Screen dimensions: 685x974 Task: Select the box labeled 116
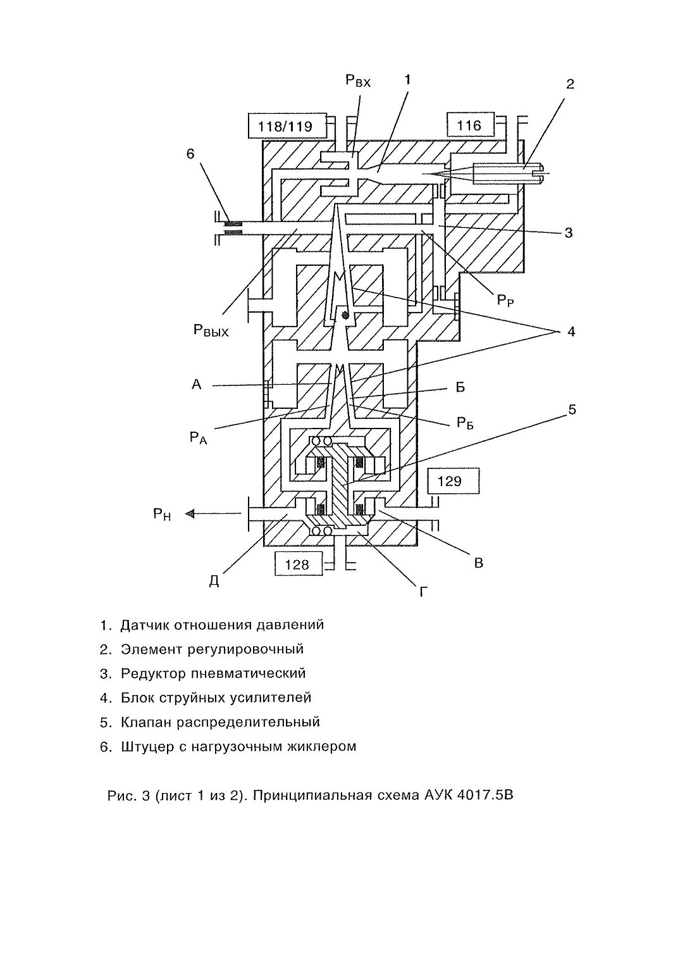470,125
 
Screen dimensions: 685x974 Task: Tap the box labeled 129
454,481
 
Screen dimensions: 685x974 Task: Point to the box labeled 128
298,564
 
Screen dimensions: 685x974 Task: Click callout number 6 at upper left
191,154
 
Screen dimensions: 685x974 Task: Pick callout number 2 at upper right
570,84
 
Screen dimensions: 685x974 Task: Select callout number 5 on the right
572,409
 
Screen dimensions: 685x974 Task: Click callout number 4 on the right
571,332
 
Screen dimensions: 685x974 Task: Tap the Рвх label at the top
358,80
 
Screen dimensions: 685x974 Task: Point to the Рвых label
211,331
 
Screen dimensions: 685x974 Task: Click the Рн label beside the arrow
162,515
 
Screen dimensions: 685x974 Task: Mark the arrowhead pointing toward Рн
190,514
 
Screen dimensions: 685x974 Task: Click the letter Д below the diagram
214,581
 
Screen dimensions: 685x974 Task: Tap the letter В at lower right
479,563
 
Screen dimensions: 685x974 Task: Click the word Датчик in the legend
145,625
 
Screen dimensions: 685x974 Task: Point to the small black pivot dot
346,316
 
